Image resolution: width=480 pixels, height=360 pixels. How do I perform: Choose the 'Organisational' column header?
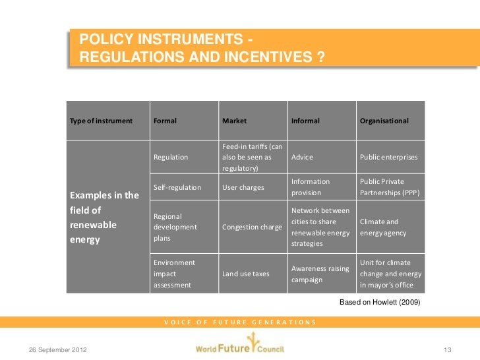(x=384, y=121)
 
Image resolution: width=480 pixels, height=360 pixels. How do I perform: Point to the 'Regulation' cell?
(x=171, y=158)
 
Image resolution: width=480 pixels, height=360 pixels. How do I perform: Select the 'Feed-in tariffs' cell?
(x=253, y=158)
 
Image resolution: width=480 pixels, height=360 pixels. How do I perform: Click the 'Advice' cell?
(x=302, y=158)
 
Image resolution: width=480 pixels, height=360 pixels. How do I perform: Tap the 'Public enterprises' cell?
(x=389, y=158)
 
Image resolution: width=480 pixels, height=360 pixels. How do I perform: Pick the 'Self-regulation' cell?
(x=177, y=187)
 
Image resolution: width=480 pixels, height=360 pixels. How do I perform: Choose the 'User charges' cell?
(x=243, y=187)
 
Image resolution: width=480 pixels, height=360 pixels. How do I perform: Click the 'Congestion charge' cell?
(x=252, y=227)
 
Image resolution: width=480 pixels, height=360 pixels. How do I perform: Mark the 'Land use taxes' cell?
(x=245, y=274)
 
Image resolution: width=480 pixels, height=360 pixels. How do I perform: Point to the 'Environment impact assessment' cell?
(x=173, y=274)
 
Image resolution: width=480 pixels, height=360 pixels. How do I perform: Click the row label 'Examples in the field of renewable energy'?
(x=104, y=218)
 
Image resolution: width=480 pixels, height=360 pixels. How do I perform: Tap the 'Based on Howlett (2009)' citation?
(x=379, y=302)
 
